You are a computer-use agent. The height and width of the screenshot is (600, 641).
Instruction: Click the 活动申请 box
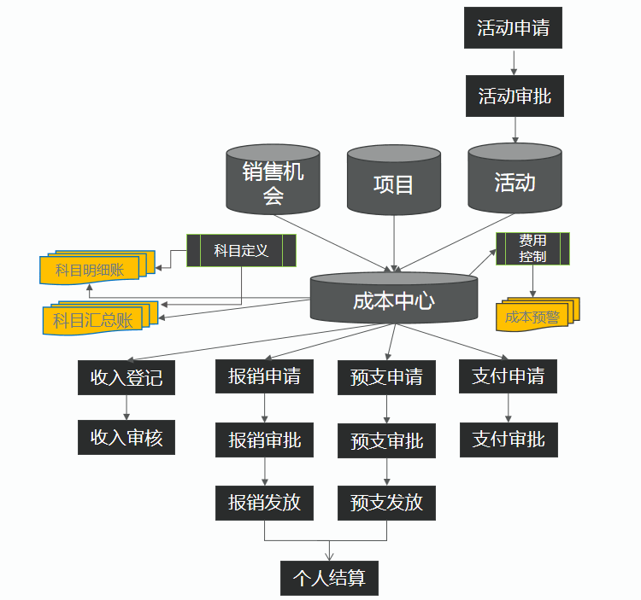[x=513, y=28]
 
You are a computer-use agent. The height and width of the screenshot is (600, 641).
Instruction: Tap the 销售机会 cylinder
[x=273, y=179]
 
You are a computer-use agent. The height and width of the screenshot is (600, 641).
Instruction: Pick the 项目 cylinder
[x=394, y=182]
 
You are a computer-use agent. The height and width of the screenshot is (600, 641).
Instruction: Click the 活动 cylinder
[x=515, y=179]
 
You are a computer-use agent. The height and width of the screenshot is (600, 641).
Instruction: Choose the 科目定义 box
[x=241, y=250]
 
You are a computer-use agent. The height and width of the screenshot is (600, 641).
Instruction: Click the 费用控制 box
[x=532, y=248]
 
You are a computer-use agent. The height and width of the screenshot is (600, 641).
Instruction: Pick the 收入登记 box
[x=126, y=376]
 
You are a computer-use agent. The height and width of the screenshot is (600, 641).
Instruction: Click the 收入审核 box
[x=126, y=439]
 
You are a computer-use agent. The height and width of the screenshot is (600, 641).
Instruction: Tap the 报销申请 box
[x=264, y=376]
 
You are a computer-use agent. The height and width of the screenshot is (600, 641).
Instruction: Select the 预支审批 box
[x=386, y=441]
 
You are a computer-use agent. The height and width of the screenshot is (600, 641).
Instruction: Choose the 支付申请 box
[x=509, y=376]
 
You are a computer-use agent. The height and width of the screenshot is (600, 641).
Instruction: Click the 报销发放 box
[x=264, y=502]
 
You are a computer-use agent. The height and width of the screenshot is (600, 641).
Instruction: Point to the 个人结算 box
[x=329, y=578]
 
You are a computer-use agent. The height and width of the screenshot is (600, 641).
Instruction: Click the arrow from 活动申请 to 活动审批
[x=514, y=61]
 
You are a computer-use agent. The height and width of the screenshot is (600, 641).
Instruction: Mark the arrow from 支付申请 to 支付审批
[x=509, y=408]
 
